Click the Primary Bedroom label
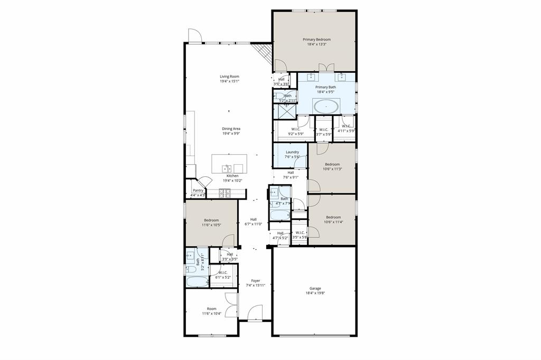316,40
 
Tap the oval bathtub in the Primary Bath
327,107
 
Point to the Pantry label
198,191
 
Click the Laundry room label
292,152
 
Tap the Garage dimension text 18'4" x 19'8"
315,293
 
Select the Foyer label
255,281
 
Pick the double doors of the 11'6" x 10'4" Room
231,305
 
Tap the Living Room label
229,77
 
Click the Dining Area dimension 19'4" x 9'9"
230,134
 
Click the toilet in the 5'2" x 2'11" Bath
279,96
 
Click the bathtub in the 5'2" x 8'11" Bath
197,280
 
